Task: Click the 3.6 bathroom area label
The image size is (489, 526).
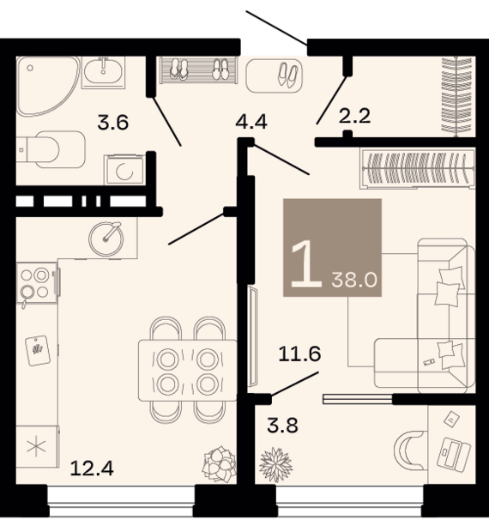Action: tap(113, 123)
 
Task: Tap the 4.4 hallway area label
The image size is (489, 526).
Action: tap(251, 122)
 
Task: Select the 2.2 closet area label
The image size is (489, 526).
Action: tap(354, 116)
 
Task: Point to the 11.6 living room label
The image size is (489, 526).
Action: tap(300, 354)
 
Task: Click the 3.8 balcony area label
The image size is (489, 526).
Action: tap(283, 426)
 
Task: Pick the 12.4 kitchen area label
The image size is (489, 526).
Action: tap(92, 469)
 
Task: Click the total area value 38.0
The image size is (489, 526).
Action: tap(354, 280)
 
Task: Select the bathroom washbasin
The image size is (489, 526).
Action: tap(103, 72)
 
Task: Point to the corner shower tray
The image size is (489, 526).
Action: tap(48, 86)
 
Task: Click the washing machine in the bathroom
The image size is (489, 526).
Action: tap(124, 170)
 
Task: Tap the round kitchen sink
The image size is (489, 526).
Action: tap(106, 239)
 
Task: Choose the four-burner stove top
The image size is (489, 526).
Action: tap(37, 283)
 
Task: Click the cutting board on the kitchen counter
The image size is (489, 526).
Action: tap(38, 350)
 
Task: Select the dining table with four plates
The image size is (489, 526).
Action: tap(188, 370)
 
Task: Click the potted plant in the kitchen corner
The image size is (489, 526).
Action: tap(220, 464)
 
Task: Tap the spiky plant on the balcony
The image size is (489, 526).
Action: tap(275, 464)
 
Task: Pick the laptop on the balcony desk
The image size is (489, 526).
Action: tap(454, 453)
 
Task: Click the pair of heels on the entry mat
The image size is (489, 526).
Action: tap(287, 76)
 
